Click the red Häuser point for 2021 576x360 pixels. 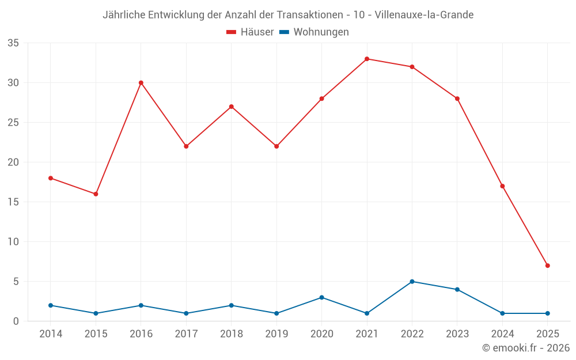tap(367, 59)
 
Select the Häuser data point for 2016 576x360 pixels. tap(141, 83)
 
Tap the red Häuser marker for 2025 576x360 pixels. tap(547, 266)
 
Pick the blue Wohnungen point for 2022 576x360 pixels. tap(412, 282)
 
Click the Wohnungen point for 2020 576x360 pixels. tap(321, 297)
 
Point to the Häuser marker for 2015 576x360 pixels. tap(96, 194)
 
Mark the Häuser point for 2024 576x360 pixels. tap(502, 186)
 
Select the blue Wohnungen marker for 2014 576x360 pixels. tap(51, 305)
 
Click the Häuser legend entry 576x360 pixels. tap(250, 32)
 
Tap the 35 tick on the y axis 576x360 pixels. tap(13, 43)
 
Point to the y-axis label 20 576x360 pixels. tap(13, 162)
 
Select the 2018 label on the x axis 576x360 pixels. tap(232, 334)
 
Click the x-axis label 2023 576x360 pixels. tap(457, 334)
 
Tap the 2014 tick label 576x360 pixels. tap(51, 334)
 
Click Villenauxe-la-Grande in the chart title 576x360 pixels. tap(424, 15)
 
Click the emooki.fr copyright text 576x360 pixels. tap(526, 348)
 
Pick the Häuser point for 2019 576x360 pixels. tap(276, 146)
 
